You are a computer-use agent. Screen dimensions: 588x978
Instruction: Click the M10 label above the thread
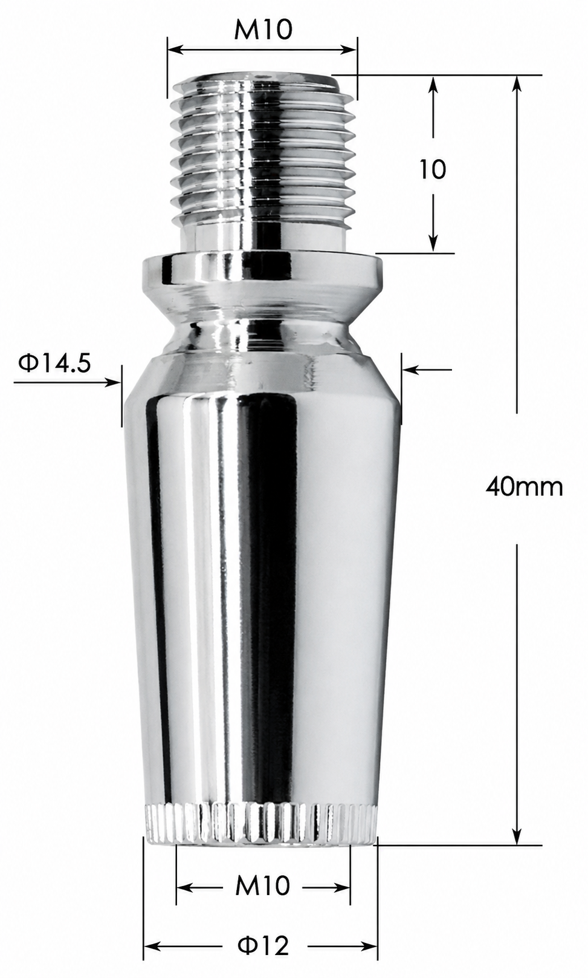(263, 29)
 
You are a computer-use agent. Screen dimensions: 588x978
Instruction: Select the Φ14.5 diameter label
(54, 363)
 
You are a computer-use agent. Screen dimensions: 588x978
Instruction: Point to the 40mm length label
(525, 486)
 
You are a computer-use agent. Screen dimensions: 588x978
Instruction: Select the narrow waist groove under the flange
(262, 334)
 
